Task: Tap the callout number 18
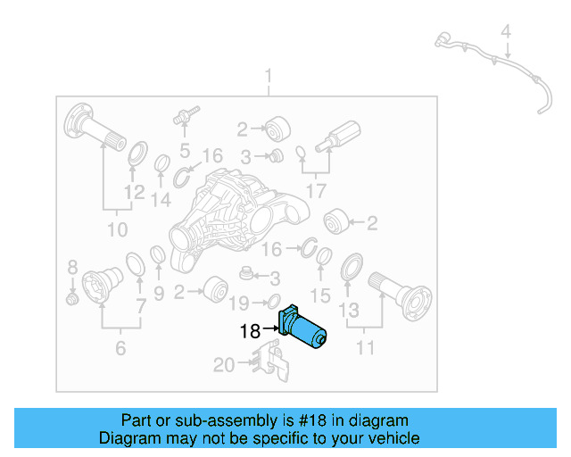tap(250, 332)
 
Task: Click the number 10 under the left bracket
tap(117, 230)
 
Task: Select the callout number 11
tap(366, 347)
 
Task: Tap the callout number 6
tap(120, 347)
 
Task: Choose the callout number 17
tap(316, 190)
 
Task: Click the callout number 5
tap(185, 149)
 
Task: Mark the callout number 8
tap(73, 266)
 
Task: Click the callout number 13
tap(349, 310)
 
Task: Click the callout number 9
tap(159, 293)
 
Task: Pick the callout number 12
tap(134, 192)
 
